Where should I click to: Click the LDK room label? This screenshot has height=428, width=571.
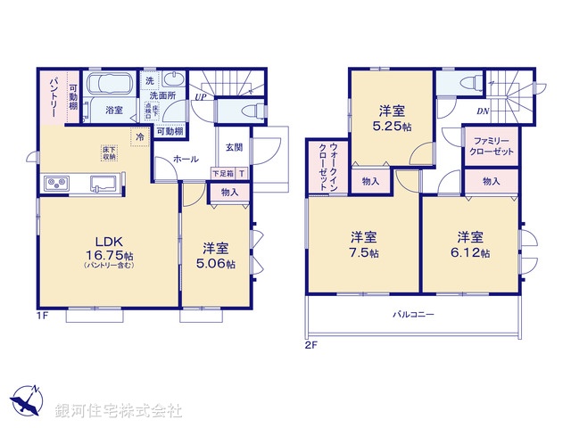point(109,240)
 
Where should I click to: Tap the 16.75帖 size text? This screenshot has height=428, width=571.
point(109,254)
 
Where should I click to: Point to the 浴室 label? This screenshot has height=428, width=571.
point(114,111)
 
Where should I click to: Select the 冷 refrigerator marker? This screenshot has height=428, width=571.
point(139,136)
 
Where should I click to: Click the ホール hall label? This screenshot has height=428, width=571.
point(186,159)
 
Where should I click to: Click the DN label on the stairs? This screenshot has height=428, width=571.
point(482,111)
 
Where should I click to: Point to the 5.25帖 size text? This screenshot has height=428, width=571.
point(393,127)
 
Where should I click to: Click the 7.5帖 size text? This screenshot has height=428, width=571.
point(362,253)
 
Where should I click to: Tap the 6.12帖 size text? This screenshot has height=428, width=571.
point(473,253)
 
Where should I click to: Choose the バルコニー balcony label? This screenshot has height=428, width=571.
point(412,315)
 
